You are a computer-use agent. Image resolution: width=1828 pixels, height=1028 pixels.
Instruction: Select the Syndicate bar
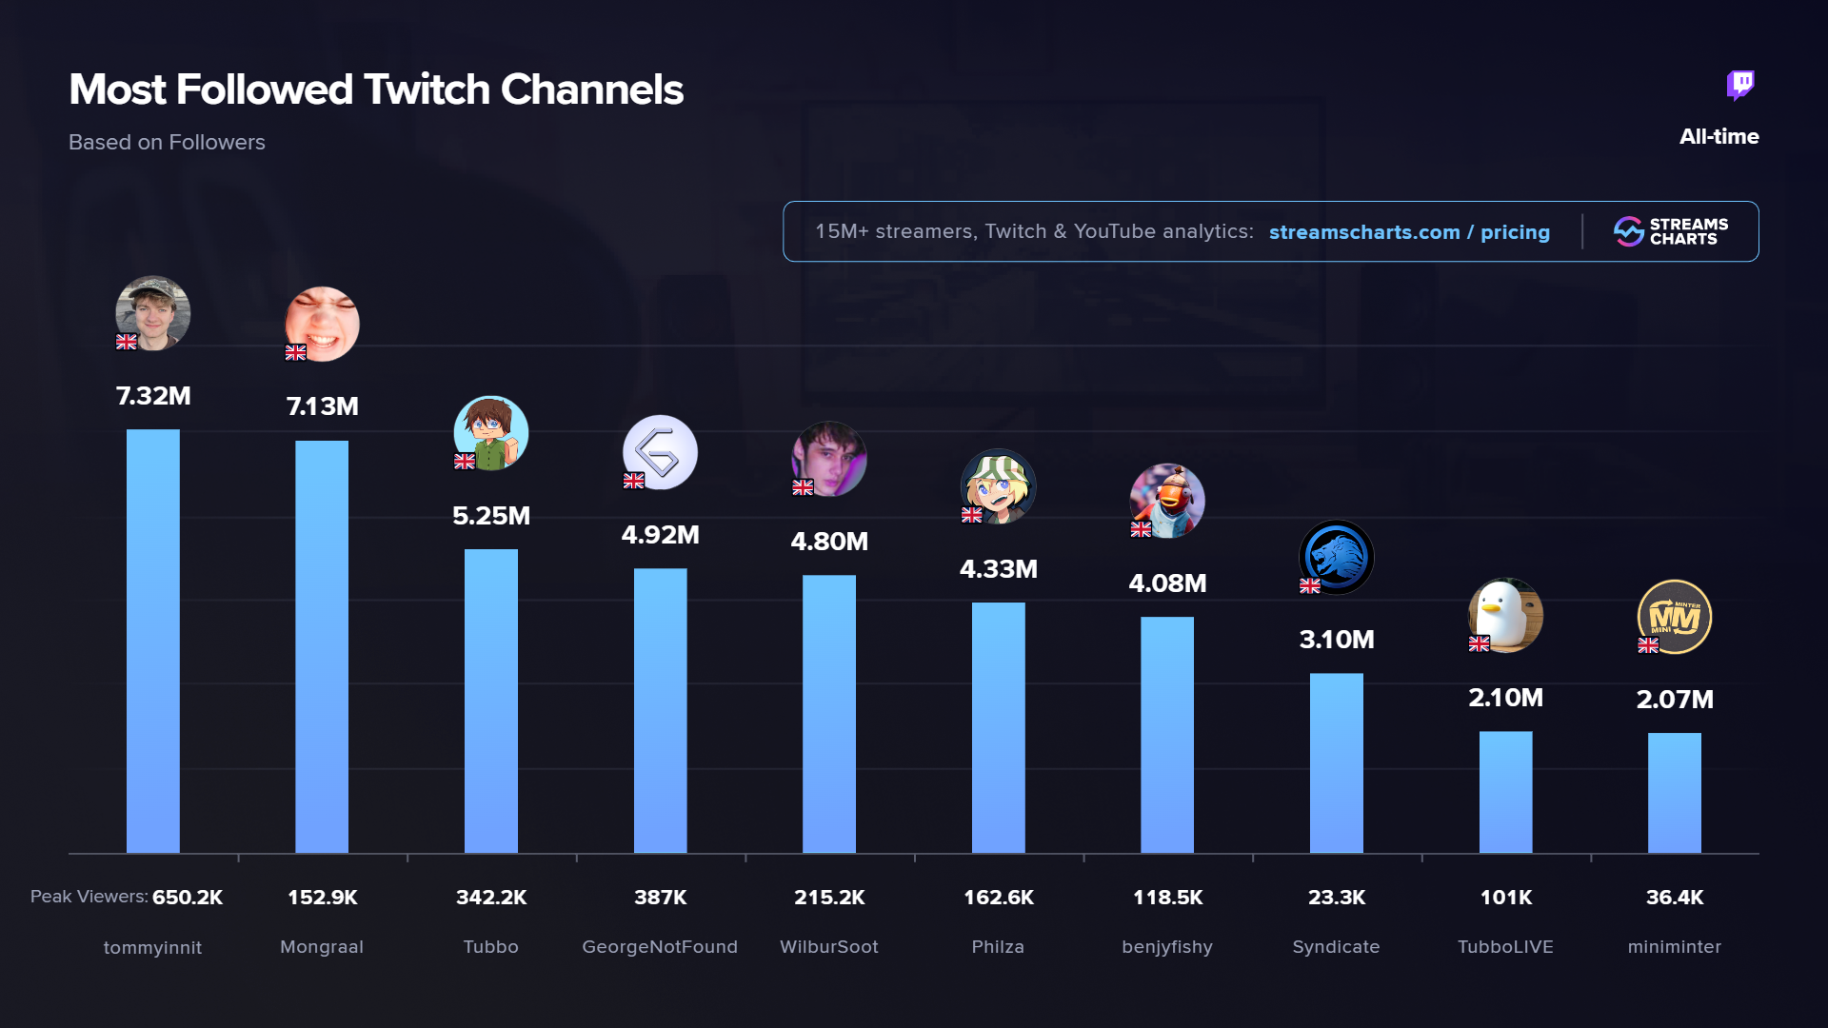tap(1336, 762)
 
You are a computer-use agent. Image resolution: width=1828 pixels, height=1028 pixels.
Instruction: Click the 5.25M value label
tap(491, 516)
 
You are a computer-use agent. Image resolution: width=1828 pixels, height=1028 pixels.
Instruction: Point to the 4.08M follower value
tap(1167, 583)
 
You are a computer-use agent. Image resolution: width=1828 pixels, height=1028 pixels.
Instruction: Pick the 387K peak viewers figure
tap(660, 898)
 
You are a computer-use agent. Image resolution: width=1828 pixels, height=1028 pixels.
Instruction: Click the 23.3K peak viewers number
tap(1336, 898)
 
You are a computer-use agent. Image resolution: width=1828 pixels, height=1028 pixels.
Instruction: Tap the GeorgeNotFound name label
tap(660, 947)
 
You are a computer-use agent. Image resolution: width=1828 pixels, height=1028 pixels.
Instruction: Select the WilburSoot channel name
tap(828, 947)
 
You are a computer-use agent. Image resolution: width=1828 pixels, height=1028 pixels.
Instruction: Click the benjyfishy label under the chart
tap(1167, 947)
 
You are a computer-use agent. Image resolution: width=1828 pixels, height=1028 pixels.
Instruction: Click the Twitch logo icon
tap(1740, 86)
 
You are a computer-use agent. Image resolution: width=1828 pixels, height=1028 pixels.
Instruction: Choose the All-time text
tap(1719, 137)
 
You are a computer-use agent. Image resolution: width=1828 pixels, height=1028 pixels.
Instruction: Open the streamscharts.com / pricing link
tap(1409, 232)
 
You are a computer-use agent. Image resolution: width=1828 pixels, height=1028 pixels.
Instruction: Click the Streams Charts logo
tap(1671, 231)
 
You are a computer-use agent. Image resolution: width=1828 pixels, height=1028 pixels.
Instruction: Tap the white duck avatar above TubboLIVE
tap(1505, 615)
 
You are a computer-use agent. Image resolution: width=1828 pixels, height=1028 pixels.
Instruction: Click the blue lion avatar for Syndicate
tap(1336, 557)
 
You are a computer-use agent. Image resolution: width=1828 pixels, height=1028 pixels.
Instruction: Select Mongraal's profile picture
tap(323, 324)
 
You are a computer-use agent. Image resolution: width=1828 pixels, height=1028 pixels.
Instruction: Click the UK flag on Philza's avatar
tap(971, 515)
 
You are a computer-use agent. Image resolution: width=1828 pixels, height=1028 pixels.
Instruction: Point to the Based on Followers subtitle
tap(167, 143)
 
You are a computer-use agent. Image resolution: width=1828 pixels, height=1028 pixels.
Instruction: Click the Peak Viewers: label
tap(89, 897)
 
